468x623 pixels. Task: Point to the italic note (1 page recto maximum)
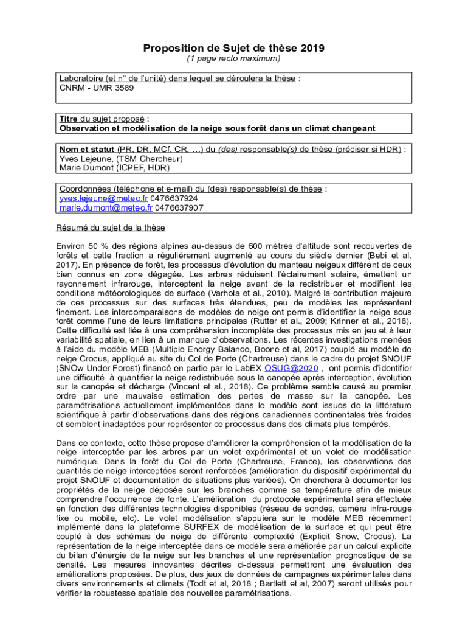(x=233, y=59)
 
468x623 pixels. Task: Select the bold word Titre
(x=69, y=119)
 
